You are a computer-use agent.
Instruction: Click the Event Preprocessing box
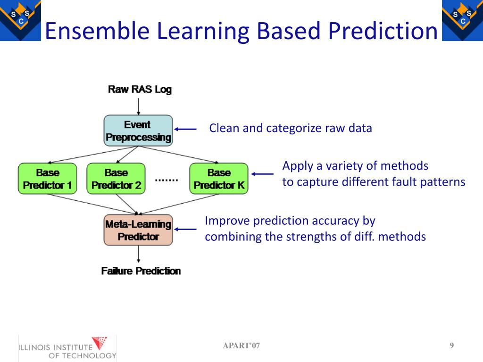click(x=138, y=131)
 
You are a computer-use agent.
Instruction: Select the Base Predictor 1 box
click(x=47, y=179)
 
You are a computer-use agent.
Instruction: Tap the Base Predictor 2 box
click(x=116, y=179)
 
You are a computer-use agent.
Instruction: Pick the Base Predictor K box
click(x=219, y=179)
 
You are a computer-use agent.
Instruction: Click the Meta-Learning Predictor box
click(x=138, y=230)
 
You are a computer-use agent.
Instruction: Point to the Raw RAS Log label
click(x=140, y=89)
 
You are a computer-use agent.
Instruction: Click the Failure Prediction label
click(x=141, y=271)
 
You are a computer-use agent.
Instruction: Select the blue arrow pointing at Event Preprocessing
click(x=185, y=129)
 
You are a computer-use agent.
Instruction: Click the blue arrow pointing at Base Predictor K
click(x=262, y=174)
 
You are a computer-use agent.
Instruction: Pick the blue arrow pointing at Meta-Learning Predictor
click(x=185, y=230)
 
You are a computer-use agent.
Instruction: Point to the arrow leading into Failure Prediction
click(x=138, y=255)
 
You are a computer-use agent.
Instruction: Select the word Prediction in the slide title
click(x=383, y=31)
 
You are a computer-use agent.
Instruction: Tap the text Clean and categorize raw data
click(x=291, y=128)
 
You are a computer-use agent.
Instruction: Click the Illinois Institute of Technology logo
click(x=67, y=348)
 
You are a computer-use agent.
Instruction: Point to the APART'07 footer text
click(x=241, y=346)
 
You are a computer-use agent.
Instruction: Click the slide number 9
click(x=451, y=346)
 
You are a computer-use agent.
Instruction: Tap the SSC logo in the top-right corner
click(x=462, y=20)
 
